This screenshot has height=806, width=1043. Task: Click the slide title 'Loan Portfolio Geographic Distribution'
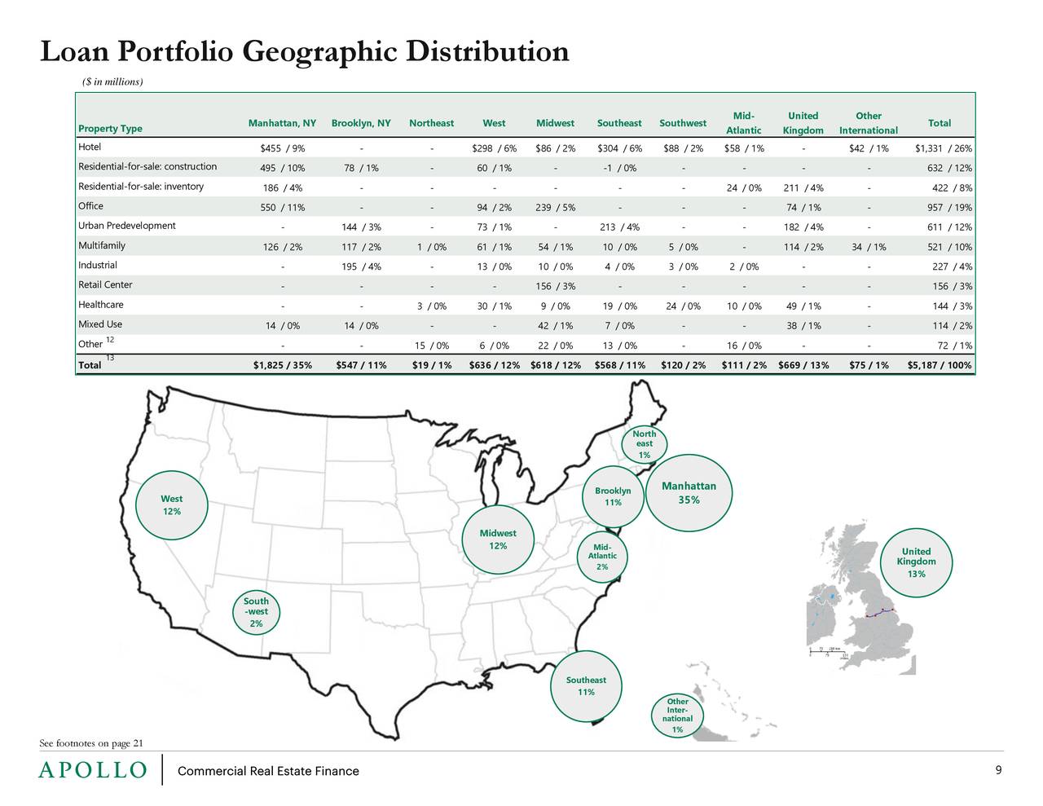(x=304, y=52)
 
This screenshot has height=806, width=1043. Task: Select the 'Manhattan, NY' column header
(x=282, y=123)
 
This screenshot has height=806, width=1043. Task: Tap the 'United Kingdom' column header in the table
(x=803, y=123)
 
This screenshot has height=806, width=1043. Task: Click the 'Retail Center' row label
(x=105, y=285)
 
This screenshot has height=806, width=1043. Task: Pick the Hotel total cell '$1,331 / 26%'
(x=943, y=148)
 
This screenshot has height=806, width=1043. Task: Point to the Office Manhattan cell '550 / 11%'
(x=282, y=208)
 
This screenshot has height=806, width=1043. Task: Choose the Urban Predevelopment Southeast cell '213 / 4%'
(x=618, y=227)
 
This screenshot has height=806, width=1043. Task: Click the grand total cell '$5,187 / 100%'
(x=939, y=365)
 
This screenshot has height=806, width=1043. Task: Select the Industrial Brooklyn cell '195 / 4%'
(x=360, y=266)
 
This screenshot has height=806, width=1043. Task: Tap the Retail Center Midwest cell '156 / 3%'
(x=555, y=286)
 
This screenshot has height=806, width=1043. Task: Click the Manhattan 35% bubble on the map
(x=689, y=493)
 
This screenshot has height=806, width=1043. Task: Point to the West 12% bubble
(x=171, y=505)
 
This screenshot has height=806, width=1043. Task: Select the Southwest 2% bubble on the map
(x=256, y=612)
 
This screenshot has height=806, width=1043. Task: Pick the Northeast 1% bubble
(x=645, y=444)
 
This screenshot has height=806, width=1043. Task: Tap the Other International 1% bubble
(x=677, y=716)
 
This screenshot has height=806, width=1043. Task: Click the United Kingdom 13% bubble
(x=916, y=562)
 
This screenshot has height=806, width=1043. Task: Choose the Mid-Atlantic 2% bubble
(x=602, y=557)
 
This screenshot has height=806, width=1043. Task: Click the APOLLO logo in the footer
(x=93, y=771)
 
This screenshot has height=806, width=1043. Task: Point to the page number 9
(x=998, y=771)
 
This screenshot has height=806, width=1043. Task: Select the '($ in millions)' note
(x=113, y=81)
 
